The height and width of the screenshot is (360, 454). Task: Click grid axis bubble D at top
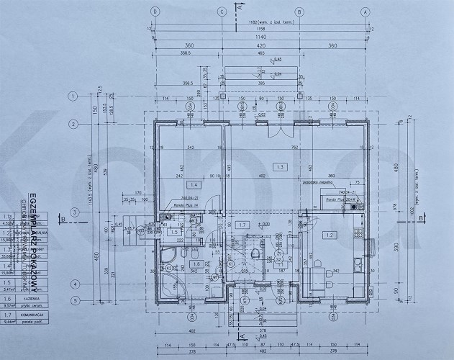(x=155, y=12)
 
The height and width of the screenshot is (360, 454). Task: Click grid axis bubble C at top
(x=222, y=12)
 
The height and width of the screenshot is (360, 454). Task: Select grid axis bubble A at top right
(x=366, y=12)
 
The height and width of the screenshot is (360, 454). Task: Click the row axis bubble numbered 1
(x=73, y=96)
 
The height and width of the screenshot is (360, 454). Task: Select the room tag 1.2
(x=330, y=235)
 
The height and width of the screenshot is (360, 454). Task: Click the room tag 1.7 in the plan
(x=244, y=225)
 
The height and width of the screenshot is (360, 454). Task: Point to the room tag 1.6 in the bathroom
(x=177, y=264)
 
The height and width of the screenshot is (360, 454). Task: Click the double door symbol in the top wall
(x=278, y=130)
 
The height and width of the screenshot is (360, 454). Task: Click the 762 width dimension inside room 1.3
(x=314, y=148)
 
